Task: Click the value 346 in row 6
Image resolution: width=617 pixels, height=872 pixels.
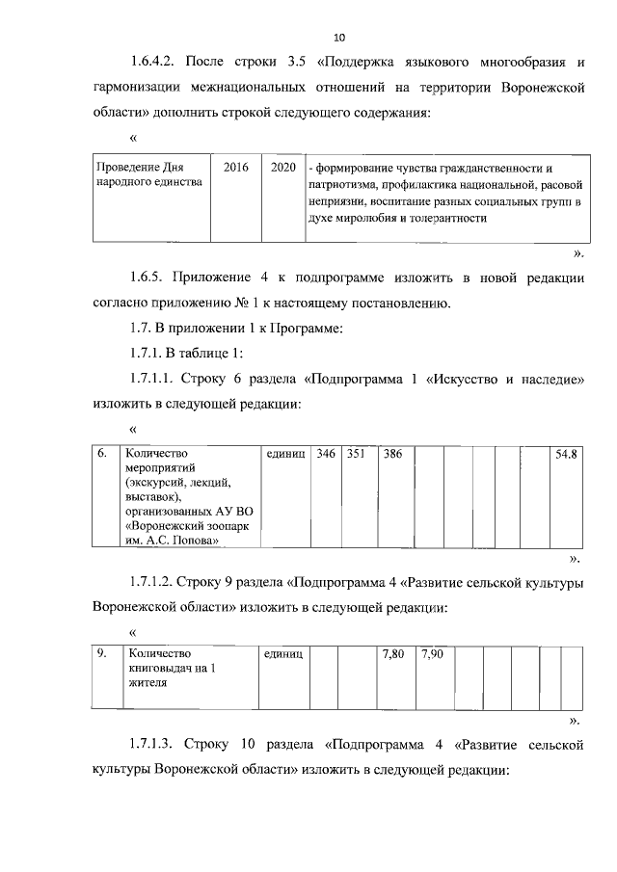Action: point(326,453)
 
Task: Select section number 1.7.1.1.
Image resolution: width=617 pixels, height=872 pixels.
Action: point(154,380)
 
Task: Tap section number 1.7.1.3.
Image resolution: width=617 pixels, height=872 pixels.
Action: point(154,746)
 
